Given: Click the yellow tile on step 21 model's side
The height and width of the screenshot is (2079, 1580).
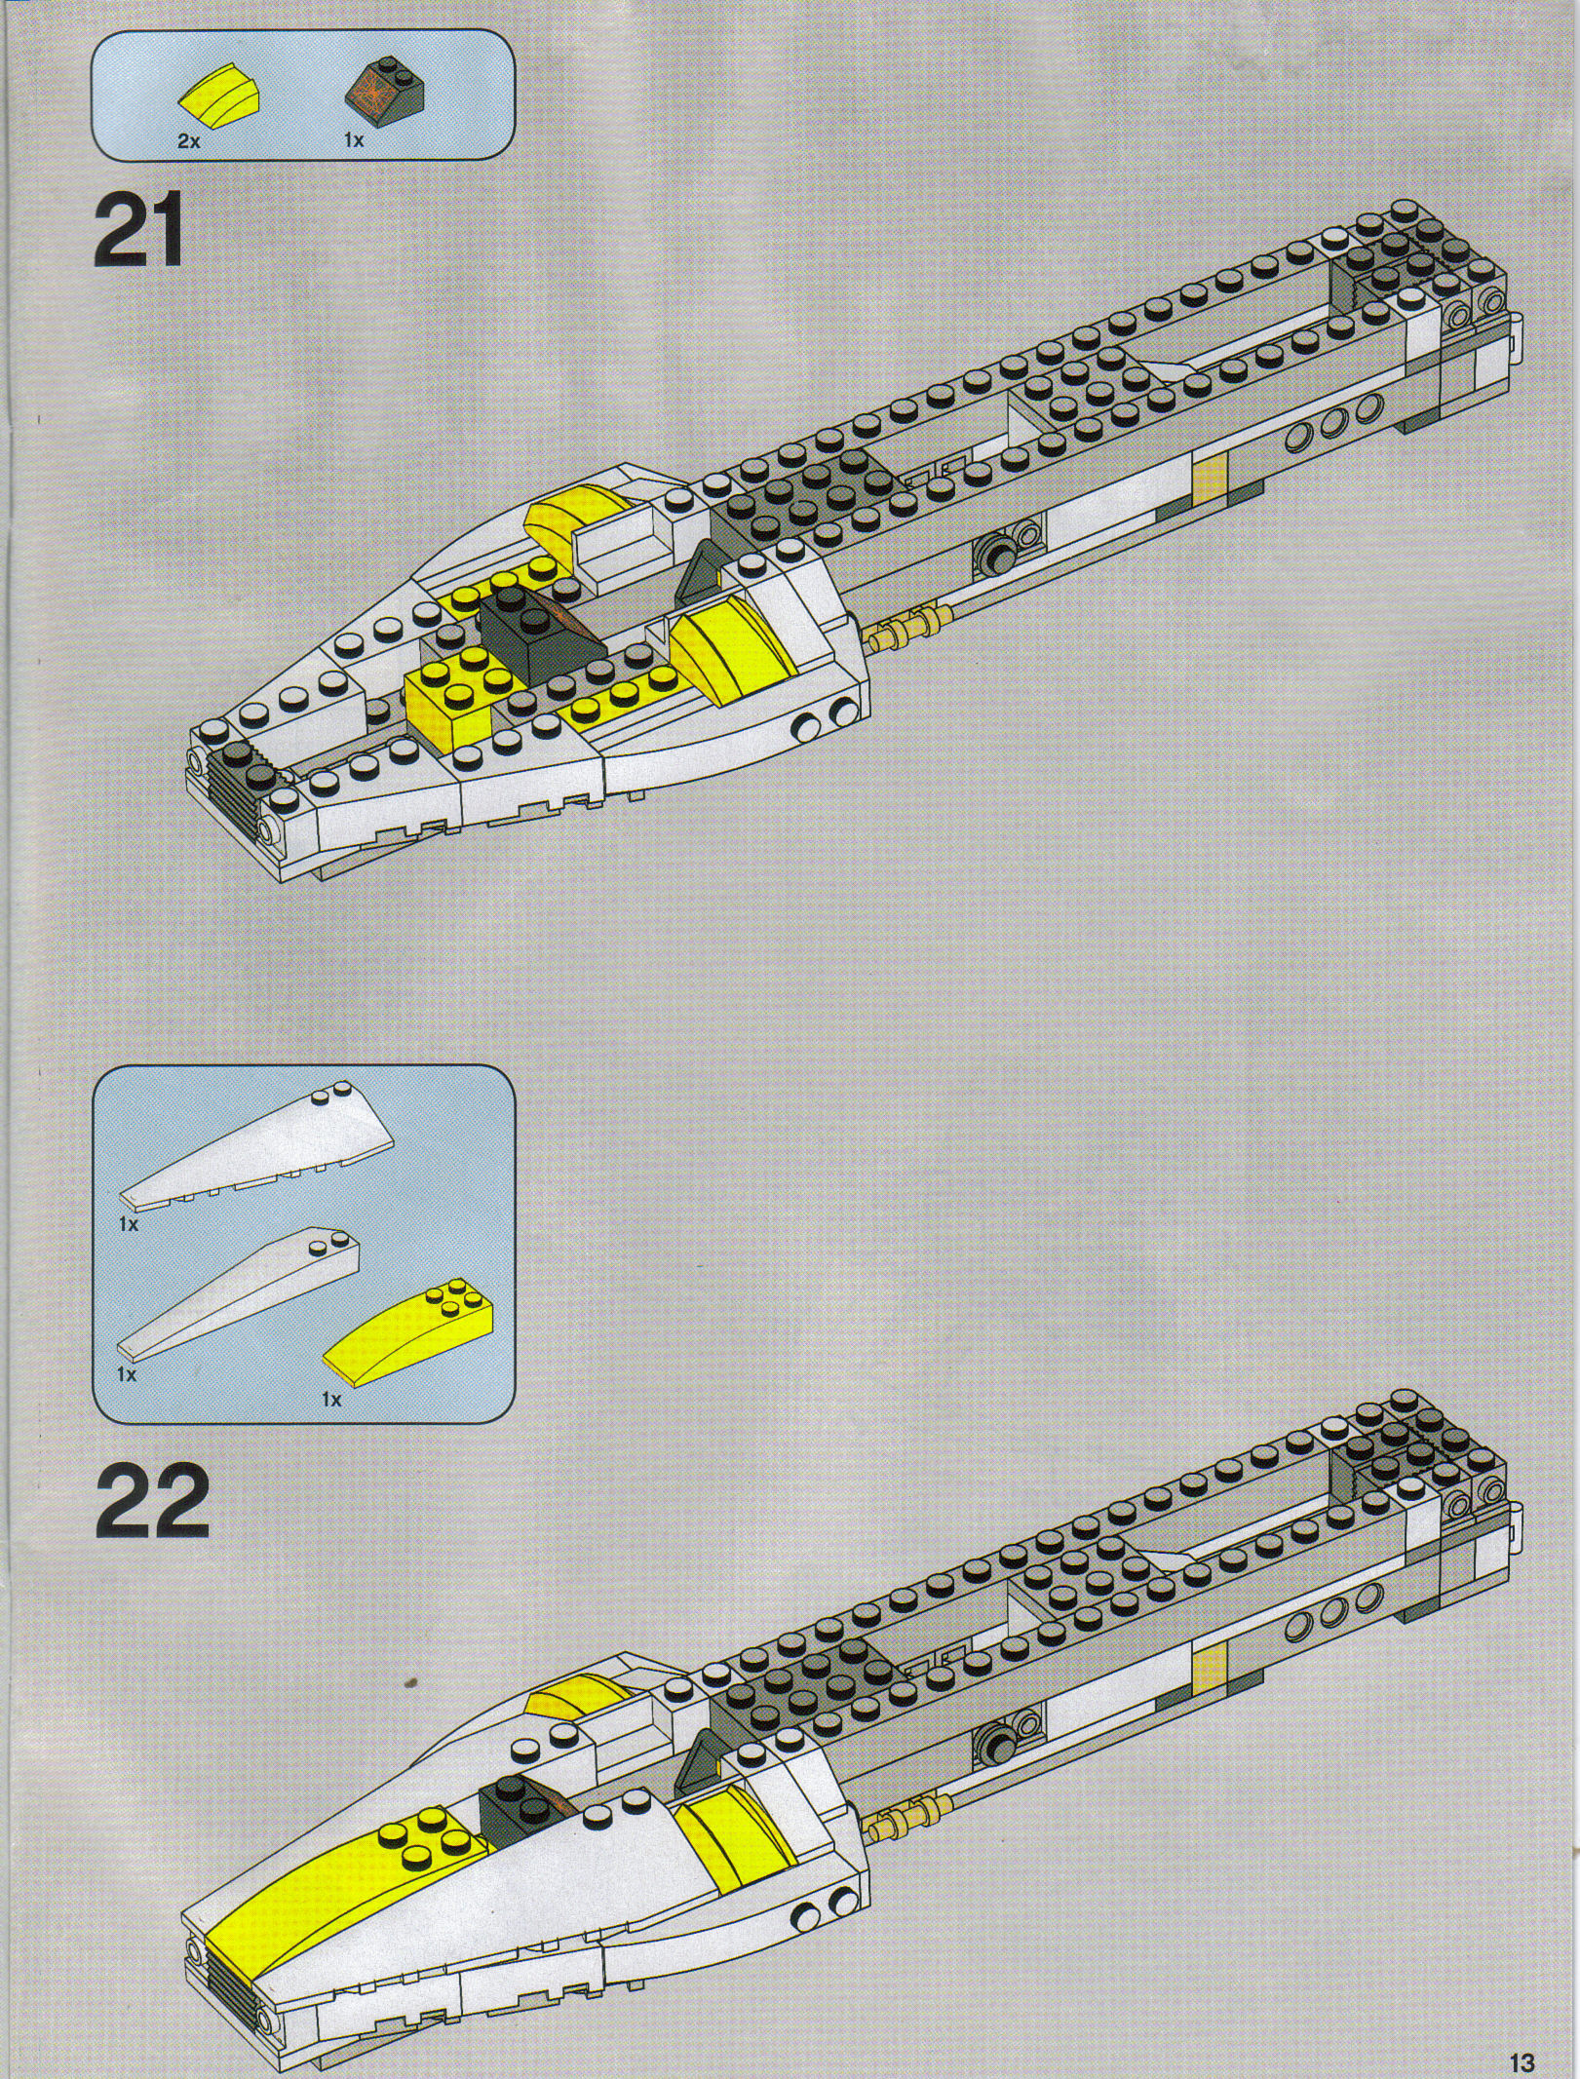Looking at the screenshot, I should pos(1207,478).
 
